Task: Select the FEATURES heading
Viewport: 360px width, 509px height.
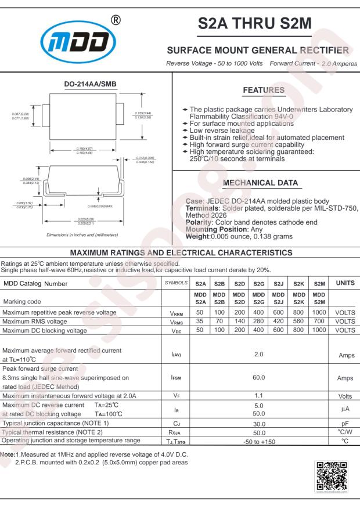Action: pyautogui.click(x=262, y=91)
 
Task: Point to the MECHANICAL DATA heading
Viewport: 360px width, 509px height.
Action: pyautogui.click(x=262, y=183)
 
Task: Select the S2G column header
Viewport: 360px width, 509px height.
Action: pyautogui.click(x=259, y=283)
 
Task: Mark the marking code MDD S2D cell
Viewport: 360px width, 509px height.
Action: pyautogui.click(x=239, y=297)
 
